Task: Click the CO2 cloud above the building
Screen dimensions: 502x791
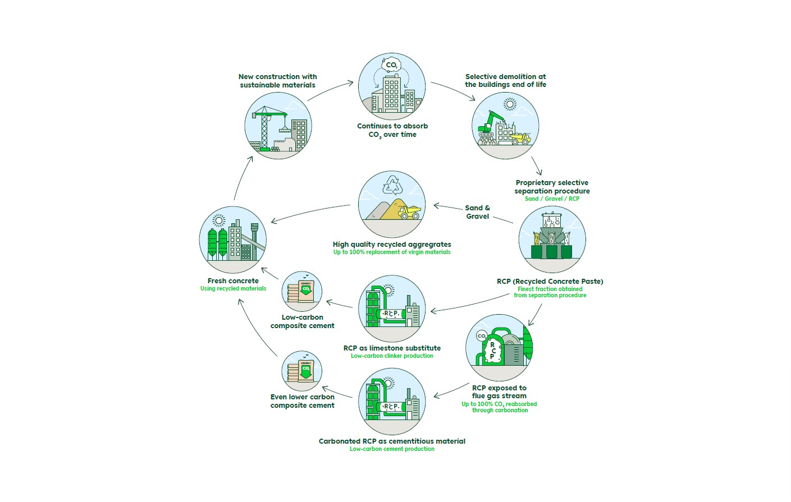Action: coord(391,64)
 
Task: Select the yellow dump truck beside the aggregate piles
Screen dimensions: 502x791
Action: coord(410,213)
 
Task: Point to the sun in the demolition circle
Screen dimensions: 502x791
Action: coord(510,104)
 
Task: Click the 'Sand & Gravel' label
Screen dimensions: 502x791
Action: coord(477,212)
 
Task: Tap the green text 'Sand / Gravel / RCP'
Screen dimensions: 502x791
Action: coord(552,199)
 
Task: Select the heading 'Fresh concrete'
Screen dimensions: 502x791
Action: coord(233,280)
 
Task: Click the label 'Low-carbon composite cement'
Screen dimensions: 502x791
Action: coord(302,321)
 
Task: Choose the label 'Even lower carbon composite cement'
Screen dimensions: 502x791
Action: coord(302,401)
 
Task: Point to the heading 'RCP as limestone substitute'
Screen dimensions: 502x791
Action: coord(392,348)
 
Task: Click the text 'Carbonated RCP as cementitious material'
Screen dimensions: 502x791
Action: coord(392,441)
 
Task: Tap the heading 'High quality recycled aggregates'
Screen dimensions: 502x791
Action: coord(392,244)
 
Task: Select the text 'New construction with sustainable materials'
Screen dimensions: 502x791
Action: coord(277,81)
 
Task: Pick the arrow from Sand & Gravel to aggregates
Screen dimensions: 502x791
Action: coord(448,207)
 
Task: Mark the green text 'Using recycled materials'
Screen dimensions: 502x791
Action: coord(233,288)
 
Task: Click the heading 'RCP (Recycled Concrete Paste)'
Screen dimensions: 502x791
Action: coord(550,281)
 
